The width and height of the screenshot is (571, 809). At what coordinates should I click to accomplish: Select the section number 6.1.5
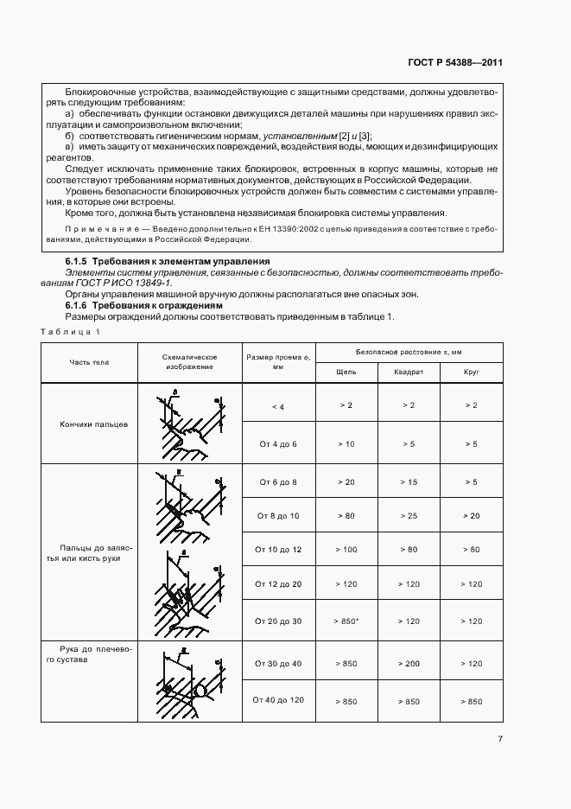[79, 261]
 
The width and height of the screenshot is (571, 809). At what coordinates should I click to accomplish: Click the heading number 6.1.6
[79, 305]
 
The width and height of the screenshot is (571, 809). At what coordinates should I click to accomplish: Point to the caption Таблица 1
[70, 333]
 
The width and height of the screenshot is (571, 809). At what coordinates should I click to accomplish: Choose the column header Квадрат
[409, 372]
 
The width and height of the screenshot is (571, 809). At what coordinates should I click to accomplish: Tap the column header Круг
[472, 372]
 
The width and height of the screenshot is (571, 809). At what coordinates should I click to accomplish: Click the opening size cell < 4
[276, 405]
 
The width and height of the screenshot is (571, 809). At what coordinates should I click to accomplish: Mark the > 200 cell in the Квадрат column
[409, 663]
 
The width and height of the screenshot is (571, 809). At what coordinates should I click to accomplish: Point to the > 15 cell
[409, 481]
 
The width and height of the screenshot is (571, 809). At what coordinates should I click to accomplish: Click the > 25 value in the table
[409, 515]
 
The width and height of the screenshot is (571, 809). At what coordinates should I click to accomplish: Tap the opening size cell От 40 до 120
[276, 701]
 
